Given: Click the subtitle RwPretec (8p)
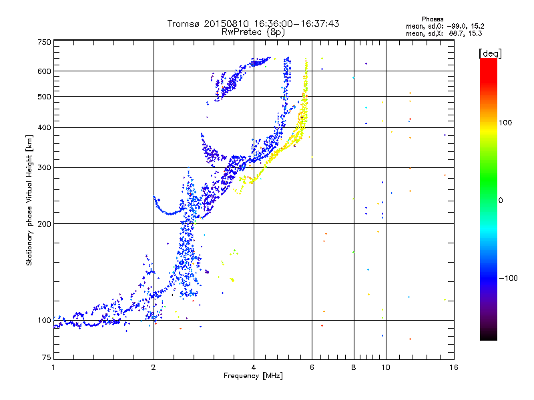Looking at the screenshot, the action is (x=253, y=32).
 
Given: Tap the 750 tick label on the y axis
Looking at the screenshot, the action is (x=45, y=42).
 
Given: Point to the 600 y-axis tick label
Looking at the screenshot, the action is (x=45, y=71).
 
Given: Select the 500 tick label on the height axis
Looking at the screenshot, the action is (x=45, y=97).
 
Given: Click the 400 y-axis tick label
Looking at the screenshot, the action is (x=45, y=128).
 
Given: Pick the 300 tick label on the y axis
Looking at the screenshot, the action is (x=45, y=168).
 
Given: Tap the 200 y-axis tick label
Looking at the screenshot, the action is (x=45, y=224).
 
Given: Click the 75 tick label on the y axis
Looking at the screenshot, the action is (x=47, y=357).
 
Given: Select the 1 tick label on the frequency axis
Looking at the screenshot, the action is (x=53, y=367).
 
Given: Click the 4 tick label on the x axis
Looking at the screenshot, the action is (x=254, y=367).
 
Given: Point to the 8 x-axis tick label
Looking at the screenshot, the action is (x=354, y=367).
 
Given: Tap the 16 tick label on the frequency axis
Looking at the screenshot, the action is (x=454, y=367).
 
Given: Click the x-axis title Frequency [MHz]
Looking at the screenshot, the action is (x=253, y=376).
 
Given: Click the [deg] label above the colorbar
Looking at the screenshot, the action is (x=490, y=53).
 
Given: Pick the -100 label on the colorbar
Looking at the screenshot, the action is (x=508, y=278).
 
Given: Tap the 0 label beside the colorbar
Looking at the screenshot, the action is (x=501, y=201).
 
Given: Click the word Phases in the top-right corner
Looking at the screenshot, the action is (x=433, y=19).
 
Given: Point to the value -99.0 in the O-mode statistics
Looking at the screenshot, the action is (x=457, y=26).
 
